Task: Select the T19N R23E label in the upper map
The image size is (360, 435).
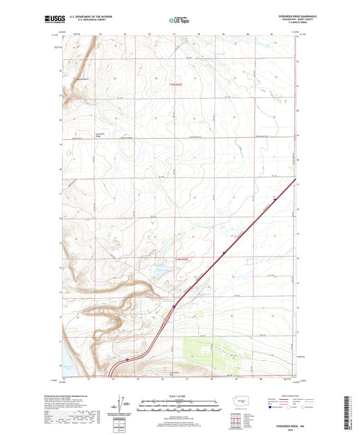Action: click(x=176, y=84)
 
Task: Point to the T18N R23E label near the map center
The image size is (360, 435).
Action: click(x=176, y=259)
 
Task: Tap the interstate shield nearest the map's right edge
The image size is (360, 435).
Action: click(x=275, y=199)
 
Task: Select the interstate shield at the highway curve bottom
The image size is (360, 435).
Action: click(x=127, y=361)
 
